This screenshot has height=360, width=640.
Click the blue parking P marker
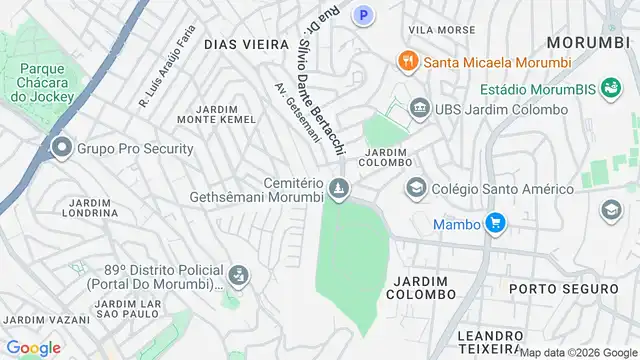click(x=365, y=15)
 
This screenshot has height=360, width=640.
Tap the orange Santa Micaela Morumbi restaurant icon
click(x=407, y=61)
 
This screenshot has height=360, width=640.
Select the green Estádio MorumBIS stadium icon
click(x=609, y=89)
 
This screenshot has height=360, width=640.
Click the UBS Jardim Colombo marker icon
click(x=419, y=108)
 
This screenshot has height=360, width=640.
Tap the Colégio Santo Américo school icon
click(x=415, y=187)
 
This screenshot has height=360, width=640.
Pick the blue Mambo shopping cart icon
click(x=494, y=223)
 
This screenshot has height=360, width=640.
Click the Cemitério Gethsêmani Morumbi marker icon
click(x=341, y=188)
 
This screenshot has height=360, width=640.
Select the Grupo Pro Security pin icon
click(x=62, y=149)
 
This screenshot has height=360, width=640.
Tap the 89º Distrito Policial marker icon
click(x=238, y=274)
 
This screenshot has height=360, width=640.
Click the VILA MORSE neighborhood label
click(x=435, y=30)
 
